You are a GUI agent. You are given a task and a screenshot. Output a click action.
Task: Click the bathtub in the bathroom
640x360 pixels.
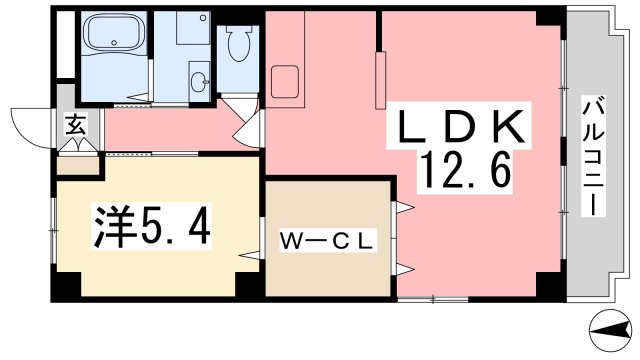[113, 39]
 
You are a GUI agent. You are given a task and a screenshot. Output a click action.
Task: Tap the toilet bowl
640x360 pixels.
[237, 45]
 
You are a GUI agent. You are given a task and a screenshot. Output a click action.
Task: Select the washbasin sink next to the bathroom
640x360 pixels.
[198, 78]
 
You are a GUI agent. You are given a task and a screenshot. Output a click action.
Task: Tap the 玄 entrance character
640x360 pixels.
[75, 125]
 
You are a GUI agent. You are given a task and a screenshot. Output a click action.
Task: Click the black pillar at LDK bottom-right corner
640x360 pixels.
[549, 288]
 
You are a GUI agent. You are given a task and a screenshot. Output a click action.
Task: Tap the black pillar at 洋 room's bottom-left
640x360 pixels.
[67, 287]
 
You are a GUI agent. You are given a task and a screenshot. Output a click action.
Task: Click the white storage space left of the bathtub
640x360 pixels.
[64, 45]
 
